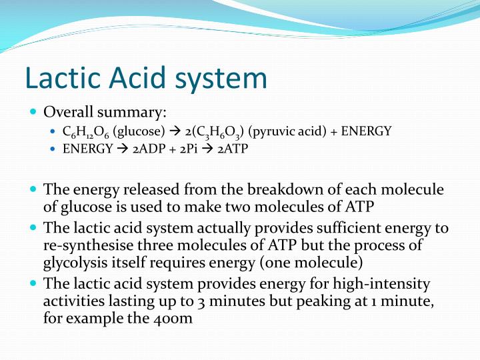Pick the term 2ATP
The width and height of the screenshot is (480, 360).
tap(234, 148)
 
